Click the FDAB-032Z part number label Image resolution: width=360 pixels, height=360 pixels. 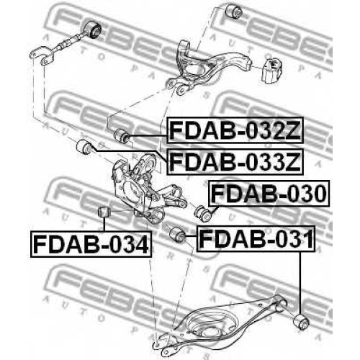(x=235, y=130)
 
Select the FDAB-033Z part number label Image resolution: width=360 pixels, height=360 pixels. (x=235, y=161)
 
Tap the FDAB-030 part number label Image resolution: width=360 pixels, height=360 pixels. (x=269, y=193)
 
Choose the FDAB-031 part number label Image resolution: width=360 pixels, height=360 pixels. (x=256, y=238)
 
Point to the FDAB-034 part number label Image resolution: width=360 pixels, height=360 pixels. (x=91, y=244)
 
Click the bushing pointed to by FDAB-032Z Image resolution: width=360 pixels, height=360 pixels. (x=122, y=136)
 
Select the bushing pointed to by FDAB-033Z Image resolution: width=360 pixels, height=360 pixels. (x=84, y=147)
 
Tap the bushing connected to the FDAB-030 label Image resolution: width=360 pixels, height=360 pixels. (x=203, y=213)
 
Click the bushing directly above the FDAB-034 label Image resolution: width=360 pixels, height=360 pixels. (x=104, y=211)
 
